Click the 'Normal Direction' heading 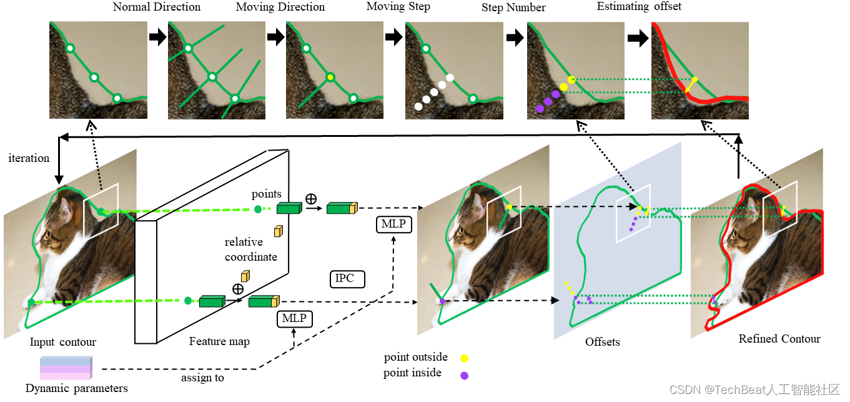[157, 8]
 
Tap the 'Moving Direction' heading [280, 8]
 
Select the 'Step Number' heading [513, 8]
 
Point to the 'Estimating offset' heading [639, 7]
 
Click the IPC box [345, 279]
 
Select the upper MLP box [394, 224]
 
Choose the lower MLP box [294, 319]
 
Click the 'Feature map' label [219, 341]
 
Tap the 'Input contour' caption [63, 342]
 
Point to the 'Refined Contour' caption [779, 339]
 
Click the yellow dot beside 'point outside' [464, 358]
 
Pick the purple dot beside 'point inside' [464, 375]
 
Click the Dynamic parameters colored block [66, 368]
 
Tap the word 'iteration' [29, 158]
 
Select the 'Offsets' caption [603, 342]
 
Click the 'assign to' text [202, 378]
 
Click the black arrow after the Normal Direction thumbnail [158, 38]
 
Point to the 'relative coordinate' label [251, 249]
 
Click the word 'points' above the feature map [267, 194]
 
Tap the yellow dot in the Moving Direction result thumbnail [330, 78]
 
